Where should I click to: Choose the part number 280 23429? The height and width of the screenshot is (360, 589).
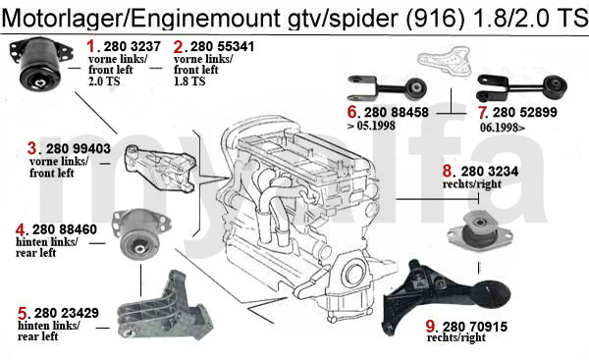(68, 314)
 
